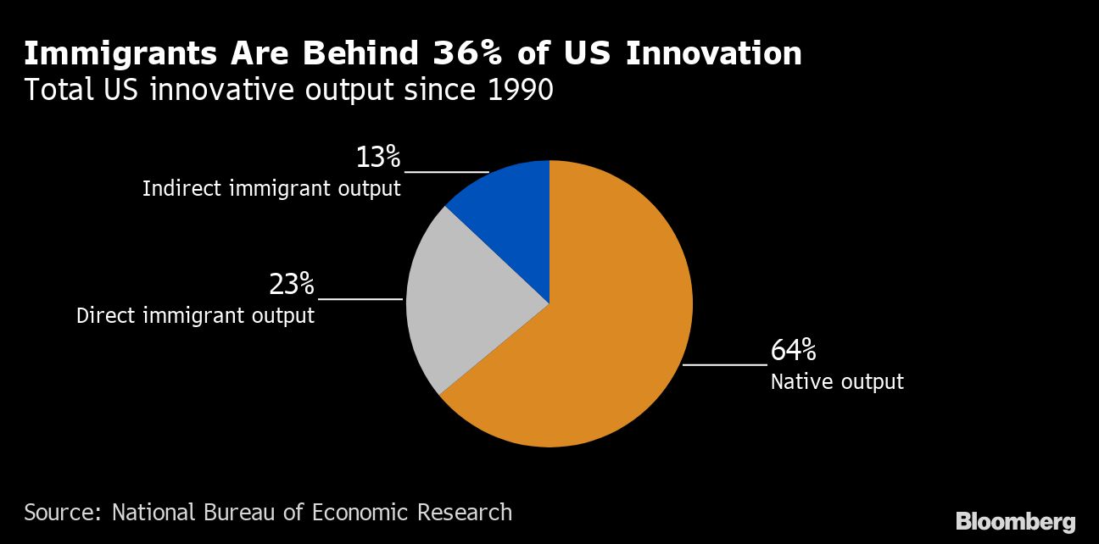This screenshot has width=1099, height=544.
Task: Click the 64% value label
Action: pos(793,350)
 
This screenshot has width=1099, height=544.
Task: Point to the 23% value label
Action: pos(292,285)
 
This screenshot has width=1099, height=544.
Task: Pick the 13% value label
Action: pos(377,158)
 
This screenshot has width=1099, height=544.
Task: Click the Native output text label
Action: pos(837,382)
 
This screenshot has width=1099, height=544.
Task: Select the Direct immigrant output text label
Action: pos(196,316)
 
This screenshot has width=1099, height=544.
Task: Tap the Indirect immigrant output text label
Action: pos(271,189)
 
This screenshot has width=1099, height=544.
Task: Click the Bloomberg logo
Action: pos(1016,521)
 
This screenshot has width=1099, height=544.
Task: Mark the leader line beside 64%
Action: pos(724,364)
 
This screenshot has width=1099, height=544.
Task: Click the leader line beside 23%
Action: pos(360,299)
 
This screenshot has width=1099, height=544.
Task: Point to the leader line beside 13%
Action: pos(446,172)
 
